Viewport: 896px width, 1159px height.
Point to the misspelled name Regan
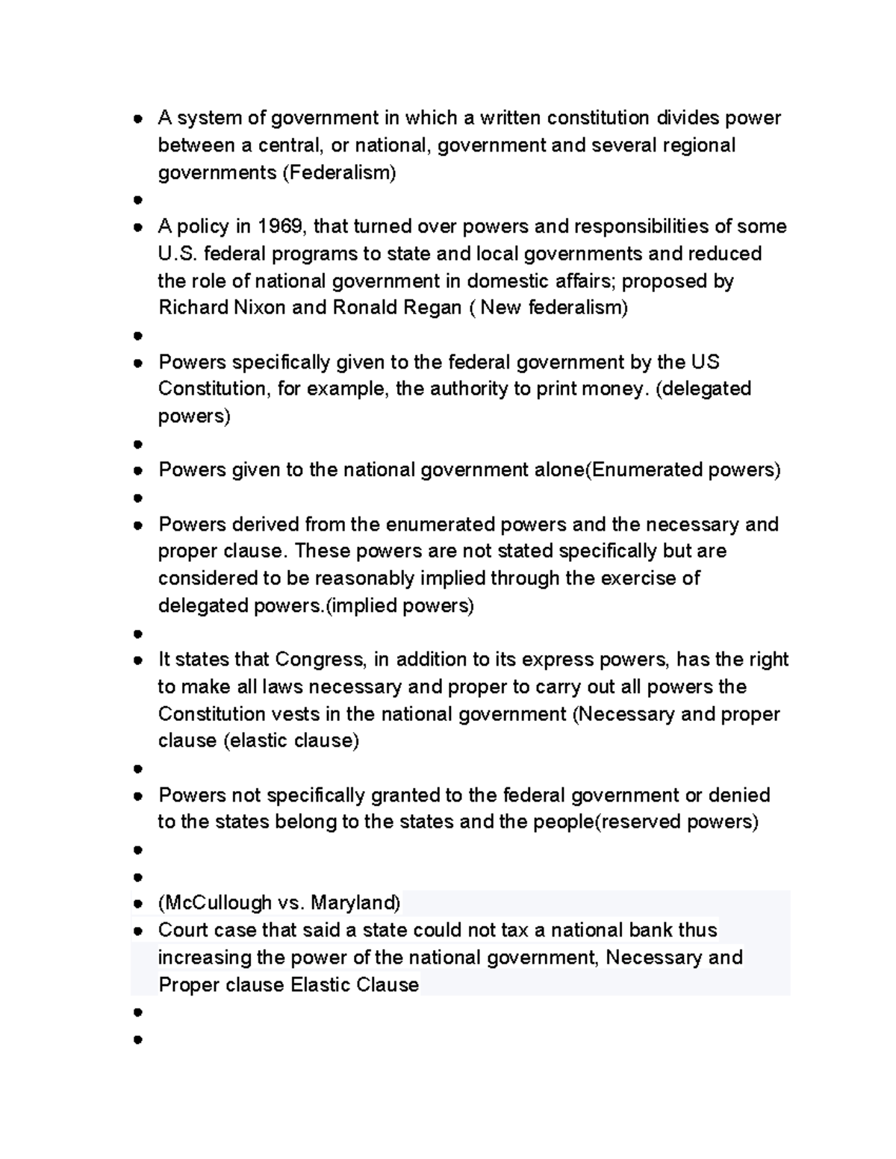point(433,307)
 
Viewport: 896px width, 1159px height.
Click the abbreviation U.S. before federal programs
point(177,254)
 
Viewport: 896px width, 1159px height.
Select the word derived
point(268,524)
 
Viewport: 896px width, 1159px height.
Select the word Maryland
point(355,903)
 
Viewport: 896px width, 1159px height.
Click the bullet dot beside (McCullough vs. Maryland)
point(137,904)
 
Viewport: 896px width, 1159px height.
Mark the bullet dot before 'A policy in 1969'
point(137,227)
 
